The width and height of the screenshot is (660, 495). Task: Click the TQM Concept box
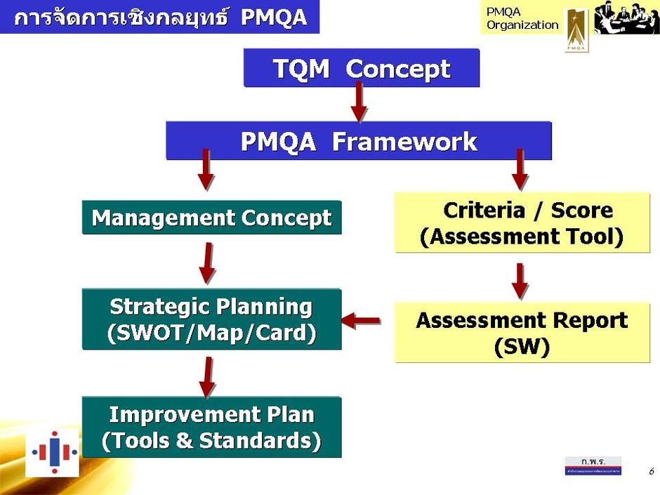point(361,69)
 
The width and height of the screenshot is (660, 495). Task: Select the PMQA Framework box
point(358,141)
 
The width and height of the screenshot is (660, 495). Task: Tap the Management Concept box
point(211,218)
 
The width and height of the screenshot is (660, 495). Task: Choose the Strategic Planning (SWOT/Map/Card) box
point(211,319)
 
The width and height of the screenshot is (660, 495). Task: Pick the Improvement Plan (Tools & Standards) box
point(211,427)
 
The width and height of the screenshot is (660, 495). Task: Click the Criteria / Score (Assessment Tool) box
point(522,223)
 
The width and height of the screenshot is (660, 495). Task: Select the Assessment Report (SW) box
point(522,332)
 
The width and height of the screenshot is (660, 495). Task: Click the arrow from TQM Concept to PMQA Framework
point(359,103)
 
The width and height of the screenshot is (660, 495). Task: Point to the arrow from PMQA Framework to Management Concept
point(205,170)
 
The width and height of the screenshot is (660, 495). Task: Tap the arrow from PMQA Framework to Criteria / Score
point(520,170)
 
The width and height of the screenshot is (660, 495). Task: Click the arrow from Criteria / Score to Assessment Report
point(520,281)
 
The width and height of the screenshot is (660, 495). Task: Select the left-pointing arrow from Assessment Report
point(361,321)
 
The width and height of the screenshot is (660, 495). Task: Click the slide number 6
point(651,471)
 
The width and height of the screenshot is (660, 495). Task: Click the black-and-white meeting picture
point(626,18)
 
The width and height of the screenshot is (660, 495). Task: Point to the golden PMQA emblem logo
point(576,29)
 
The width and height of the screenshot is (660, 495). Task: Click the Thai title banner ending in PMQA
point(160,17)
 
